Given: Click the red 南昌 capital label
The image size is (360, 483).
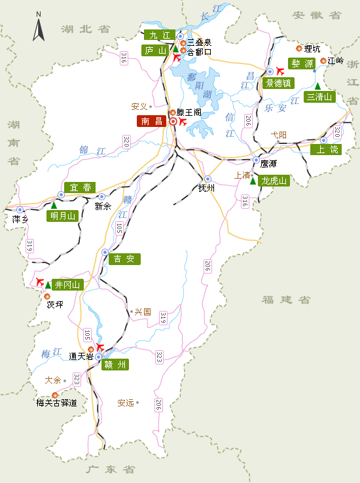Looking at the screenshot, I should point(152,121).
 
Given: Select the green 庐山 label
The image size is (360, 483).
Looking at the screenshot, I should point(155,50).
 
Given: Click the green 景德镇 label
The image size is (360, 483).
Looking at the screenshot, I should point(278,83).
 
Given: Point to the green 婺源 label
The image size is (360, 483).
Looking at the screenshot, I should point(302,63).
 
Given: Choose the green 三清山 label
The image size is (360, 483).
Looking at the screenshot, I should point(320,97).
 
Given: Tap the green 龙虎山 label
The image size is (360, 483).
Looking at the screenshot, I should point(274,181).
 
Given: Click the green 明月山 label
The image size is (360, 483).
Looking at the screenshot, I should point(63,216).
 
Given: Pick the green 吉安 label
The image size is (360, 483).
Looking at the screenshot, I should point(124,259).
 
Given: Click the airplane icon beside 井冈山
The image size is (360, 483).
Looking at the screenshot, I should point(40,283).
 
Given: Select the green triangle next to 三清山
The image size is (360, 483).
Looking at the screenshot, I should point(317,86).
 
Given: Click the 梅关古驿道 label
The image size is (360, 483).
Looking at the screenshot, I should point(56,403).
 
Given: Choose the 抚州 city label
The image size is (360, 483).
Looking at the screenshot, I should point(206,188).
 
